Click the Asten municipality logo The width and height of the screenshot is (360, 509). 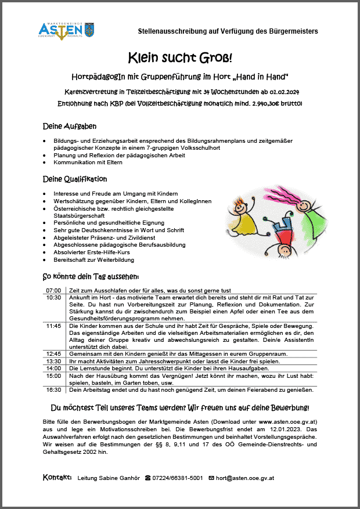66,30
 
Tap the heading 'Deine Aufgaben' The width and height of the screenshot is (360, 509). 70,126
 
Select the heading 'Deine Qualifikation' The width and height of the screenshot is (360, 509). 75,179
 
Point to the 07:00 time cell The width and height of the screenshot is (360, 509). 53,290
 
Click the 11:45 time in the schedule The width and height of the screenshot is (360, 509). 53,326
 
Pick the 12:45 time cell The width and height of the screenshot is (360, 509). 53,353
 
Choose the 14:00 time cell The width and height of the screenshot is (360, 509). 53,369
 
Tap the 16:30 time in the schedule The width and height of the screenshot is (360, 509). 53,391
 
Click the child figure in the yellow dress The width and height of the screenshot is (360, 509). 239,216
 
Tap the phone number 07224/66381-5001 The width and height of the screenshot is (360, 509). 174,478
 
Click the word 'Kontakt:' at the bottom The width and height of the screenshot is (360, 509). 57,478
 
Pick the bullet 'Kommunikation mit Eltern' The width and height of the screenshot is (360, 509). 88,163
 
